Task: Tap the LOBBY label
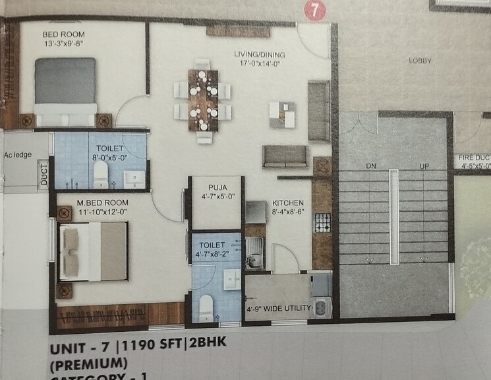point(420,61)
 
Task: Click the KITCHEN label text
point(287,203)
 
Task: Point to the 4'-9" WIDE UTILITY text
point(276,307)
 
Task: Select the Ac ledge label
point(18,155)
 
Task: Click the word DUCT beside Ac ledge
point(44,176)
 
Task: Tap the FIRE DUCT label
point(473,158)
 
